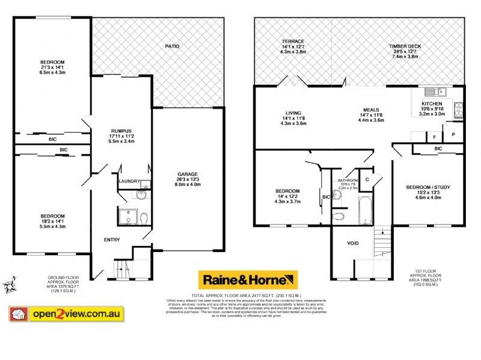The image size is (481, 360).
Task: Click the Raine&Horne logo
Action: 248,280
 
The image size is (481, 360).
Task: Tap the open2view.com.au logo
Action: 66,313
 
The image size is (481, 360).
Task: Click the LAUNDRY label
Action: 129,181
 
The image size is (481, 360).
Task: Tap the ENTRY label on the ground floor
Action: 112,240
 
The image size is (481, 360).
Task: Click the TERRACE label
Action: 293,41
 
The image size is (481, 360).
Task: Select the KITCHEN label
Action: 431,103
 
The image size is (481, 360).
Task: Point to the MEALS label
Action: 370,109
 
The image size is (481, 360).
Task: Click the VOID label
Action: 353,244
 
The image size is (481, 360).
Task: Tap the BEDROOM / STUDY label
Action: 427,187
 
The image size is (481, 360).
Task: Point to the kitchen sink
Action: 433,92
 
